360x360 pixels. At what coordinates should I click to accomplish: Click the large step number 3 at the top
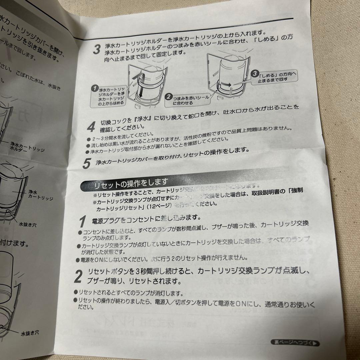click(x=96, y=49)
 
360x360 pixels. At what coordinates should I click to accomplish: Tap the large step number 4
click(x=91, y=127)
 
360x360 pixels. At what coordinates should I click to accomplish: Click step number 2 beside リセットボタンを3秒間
click(x=78, y=276)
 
